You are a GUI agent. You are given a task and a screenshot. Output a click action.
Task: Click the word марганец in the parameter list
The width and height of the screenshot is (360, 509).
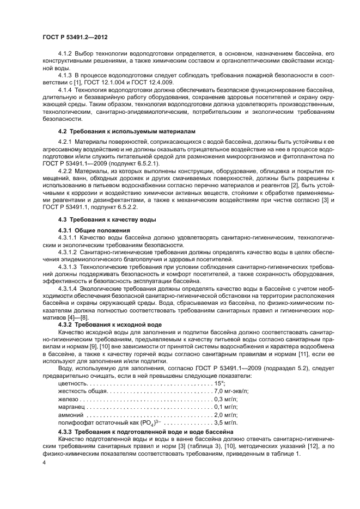click(x=71, y=406)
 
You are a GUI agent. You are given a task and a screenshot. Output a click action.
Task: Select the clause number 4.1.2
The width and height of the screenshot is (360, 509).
click(x=65, y=54)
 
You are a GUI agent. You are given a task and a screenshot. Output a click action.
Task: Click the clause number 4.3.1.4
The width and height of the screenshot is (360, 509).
click(x=68, y=287)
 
